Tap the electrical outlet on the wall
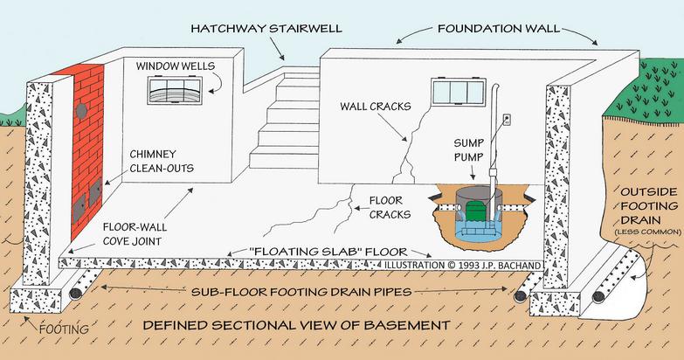(x=507, y=119)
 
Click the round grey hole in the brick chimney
(x=81, y=110)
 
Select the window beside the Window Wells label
(x=175, y=91)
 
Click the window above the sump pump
(x=459, y=92)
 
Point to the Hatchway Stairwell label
(x=266, y=29)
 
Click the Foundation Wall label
(x=499, y=29)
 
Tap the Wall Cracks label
(x=376, y=107)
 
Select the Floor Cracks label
(x=390, y=208)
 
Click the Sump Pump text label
(x=469, y=150)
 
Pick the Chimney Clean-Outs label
(x=162, y=161)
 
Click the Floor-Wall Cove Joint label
(x=135, y=234)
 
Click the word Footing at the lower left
(x=64, y=329)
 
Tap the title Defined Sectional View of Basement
(x=297, y=326)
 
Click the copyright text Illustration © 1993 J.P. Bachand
(x=462, y=266)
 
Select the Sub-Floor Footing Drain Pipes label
(x=301, y=292)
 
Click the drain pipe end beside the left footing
(x=76, y=294)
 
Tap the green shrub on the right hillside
(x=646, y=90)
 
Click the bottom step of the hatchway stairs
(x=284, y=160)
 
